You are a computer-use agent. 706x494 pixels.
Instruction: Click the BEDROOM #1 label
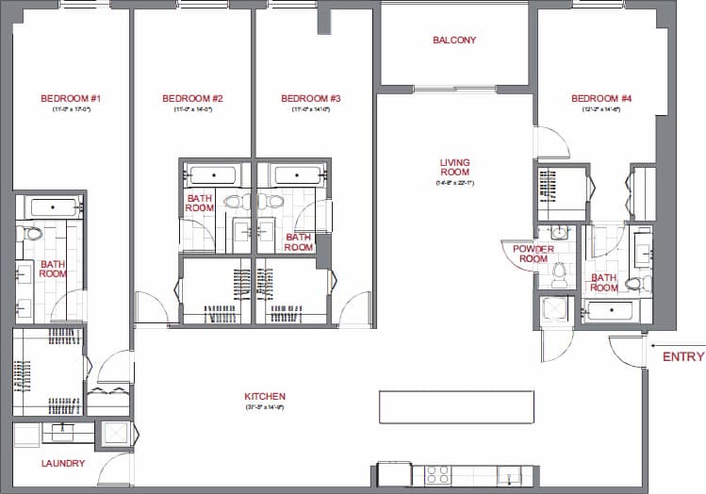pyautogui.click(x=71, y=98)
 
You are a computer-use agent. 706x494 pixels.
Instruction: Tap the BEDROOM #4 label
pyautogui.click(x=600, y=98)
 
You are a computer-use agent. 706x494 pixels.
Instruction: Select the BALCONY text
pyautogui.click(x=454, y=41)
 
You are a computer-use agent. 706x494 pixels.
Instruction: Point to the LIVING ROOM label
pyautogui.click(x=454, y=167)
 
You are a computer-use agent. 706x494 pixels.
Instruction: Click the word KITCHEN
pyautogui.click(x=264, y=396)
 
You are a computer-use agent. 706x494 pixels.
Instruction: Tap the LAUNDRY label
pyautogui.click(x=63, y=463)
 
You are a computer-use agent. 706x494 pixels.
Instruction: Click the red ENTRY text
pyautogui.click(x=683, y=356)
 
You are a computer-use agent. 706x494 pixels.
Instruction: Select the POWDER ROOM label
pyautogui.click(x=533, y=254)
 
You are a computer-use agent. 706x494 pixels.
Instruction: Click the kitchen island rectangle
pyautogui.click(x=457, y=406)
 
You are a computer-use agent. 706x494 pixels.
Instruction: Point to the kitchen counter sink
pyautogui.click(x=509, y=474)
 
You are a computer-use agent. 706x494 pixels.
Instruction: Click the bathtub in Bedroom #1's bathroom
pyautogui.click(x=51, y=207)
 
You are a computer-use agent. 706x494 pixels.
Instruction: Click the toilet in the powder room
pyautogui.click(x=559, y=273)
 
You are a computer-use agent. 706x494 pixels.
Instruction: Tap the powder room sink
pyautogui.click(x=559, y=233)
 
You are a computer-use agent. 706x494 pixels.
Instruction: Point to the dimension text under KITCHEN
pyautogui.click(x=264, y=407)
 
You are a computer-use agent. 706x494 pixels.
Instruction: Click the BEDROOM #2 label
pyautogui.click(x=192, y=98)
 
